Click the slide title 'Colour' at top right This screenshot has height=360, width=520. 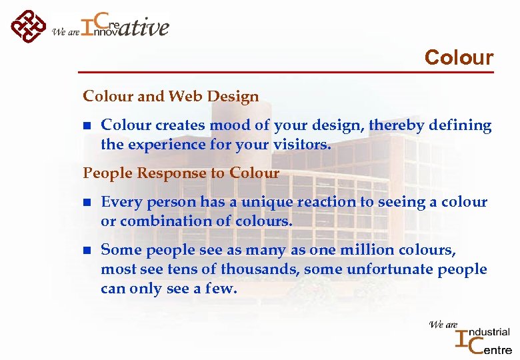[459, 57]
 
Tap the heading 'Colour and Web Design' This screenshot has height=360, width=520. [171, 97]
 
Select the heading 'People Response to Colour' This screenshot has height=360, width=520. [181, 173]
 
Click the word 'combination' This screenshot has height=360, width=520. [159, 220]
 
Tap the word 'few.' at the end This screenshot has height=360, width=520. [221, 289]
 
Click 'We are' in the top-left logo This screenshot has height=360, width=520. [65, 31]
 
